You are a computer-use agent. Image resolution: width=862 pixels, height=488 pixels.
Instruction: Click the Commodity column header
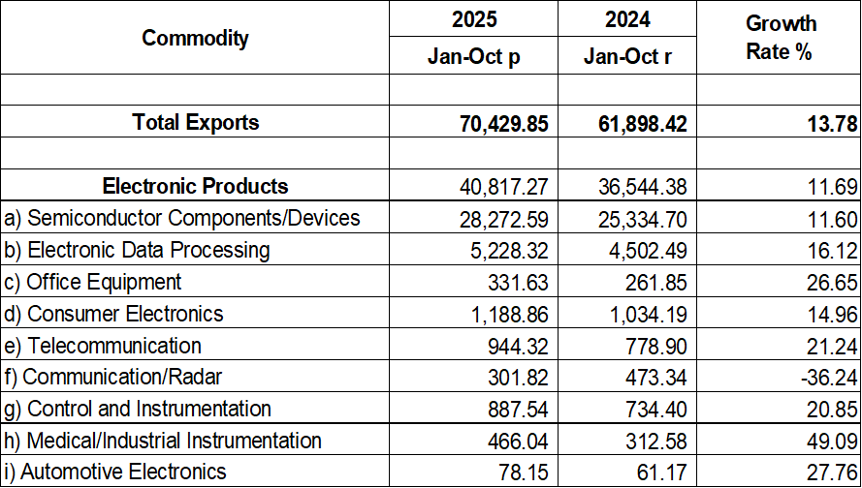pyautogui.click(x=195, y=39)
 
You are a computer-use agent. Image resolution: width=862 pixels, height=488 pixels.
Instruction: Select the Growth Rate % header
pyautogui.click(x=780, y=38)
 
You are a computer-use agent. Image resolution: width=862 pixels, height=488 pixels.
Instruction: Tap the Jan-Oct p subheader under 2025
pyautogui.click(x=473, y=57)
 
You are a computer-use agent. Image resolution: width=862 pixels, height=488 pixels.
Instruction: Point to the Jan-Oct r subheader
pyautogui.click(x=627, y=57)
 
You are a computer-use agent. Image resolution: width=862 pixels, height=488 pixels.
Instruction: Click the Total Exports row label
pyautogui.click(x=196, y=123)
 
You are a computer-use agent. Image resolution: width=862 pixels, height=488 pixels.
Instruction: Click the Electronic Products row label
pyautogui.click(x=195, y=186)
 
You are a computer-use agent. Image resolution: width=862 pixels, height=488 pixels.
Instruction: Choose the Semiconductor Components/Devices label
pyautogui.click(x=182, y=218)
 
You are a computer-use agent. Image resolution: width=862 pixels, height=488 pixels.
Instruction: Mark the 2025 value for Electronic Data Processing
pyautogui.click(x=506, y=250)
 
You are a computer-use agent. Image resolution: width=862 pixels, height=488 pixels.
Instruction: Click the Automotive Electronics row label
pyautogui.click(x=115, y=472)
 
